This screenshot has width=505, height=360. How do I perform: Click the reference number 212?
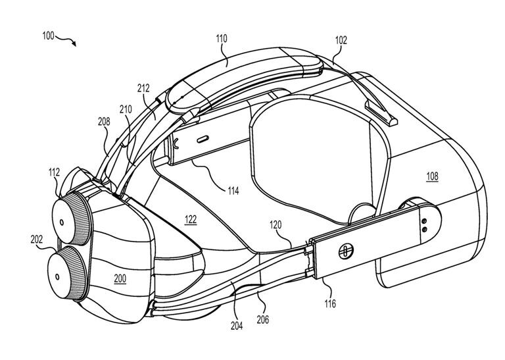(x=144, y=88)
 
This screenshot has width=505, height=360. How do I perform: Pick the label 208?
(x=104, y=122)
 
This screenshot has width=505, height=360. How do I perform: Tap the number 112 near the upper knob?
(x=54, y=172)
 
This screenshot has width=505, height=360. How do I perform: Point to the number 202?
(x=36, y=240)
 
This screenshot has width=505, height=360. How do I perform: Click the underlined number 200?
(x=119, y=278)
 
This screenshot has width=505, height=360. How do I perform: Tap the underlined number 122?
(x=190, y=220)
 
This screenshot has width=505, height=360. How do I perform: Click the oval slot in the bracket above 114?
(x=201, y=139)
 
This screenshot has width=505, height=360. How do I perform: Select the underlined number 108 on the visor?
(x=431, y=176)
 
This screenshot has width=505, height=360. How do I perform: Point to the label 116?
(x=329, y=303)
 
